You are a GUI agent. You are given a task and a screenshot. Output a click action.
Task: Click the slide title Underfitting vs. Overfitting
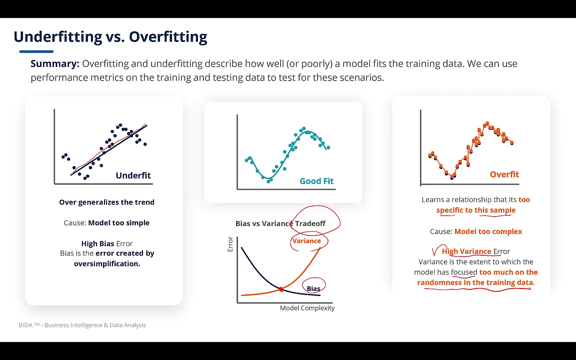(110, 37)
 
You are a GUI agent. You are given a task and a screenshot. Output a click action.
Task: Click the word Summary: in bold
(55, 64)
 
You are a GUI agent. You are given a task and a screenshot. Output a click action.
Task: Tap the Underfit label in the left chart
(133, 175)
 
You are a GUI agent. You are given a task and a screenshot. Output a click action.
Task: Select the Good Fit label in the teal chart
(316, 181)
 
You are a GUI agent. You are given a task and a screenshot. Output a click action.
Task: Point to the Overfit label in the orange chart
(504, 174)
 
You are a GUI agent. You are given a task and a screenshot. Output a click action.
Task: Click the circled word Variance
(307, 241)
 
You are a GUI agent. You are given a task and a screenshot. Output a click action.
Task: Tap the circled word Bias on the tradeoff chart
(313, 288)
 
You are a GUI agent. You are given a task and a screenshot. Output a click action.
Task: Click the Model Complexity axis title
(307, 308)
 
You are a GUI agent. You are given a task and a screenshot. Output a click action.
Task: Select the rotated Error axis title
(230, 244)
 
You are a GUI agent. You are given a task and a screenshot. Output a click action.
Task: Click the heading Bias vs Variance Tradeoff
(280, 223)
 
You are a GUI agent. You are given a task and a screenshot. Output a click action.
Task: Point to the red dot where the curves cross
(281, 289)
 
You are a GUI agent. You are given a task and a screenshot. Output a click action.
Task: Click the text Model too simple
(119, 223)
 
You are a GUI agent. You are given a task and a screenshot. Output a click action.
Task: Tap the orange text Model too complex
(488, 231)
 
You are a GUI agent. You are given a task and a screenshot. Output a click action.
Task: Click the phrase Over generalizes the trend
(107, 202)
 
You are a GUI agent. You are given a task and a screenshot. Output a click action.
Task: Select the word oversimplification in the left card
(107, 264)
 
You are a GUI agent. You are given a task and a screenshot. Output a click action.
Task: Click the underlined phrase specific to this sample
(476, 210)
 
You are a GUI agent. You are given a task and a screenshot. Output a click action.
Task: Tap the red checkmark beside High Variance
(435, 251)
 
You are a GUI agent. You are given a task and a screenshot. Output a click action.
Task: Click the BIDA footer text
(82, 325)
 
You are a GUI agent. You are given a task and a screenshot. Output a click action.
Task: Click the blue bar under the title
(36, 52)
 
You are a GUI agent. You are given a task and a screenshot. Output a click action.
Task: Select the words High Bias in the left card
(98, 244)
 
